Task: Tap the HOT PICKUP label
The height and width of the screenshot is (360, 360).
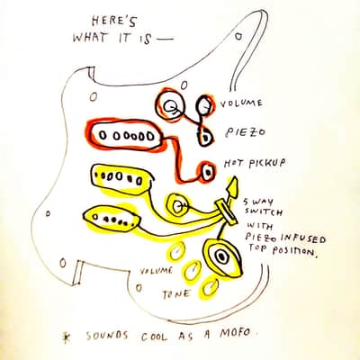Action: point(255,163)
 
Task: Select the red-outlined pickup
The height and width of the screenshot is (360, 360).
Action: point(125,136)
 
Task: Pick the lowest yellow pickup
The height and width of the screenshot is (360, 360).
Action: point(112,219)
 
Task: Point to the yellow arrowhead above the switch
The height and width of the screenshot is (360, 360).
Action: point(233,186)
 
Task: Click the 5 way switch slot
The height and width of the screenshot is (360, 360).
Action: point(227,212)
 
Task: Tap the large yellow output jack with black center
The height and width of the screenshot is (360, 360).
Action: point(222,256)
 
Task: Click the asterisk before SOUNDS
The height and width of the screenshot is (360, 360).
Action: point(65,337)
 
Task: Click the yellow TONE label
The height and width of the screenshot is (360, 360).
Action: point(176,294)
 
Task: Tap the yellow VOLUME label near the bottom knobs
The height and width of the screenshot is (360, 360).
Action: point(157,271)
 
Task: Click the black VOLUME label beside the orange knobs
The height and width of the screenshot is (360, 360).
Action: point(241,103)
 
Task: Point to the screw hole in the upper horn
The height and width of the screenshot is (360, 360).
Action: point(238,36)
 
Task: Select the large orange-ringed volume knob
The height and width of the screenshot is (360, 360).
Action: point(169,105)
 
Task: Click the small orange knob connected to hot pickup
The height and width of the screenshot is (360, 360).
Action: point(208,172)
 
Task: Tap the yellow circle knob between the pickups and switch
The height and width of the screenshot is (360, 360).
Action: point(177,205)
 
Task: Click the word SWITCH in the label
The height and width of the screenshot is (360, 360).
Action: point(264,211)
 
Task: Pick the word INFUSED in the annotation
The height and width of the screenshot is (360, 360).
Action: point(303,238)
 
